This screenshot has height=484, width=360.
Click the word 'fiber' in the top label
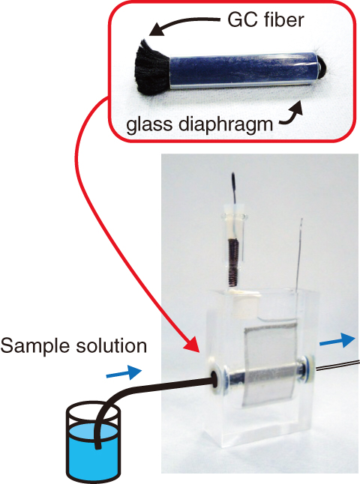pos(283,19)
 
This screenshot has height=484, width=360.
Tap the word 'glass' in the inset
pos(149,124)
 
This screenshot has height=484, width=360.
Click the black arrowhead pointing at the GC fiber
pos(157,31)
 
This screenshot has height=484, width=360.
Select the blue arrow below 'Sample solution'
pos(124,372)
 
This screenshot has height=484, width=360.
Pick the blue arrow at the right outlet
pos(337,341)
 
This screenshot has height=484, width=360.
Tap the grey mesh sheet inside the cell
pos(269,364)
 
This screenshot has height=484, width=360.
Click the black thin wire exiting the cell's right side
pos(337,365)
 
